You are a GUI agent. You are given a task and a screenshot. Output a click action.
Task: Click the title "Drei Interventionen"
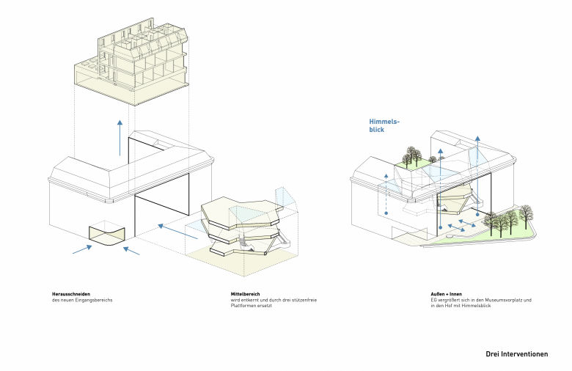point(516,354)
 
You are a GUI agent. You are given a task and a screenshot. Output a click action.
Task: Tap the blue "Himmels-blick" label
point(384,125)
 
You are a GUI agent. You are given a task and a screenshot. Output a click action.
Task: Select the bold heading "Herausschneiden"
point(71,294)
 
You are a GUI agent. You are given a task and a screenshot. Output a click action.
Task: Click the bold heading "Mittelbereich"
point(245,294)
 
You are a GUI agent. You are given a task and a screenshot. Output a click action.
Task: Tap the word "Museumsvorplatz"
point(504,300)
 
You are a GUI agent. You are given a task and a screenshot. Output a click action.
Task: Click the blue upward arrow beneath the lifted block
point(120,138)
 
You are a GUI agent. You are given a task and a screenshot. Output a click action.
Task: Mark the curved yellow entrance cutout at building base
point(107,235)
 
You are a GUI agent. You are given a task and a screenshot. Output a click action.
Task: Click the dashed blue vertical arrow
point(386,194)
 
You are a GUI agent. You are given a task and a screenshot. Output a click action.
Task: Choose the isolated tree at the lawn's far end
point(526,216)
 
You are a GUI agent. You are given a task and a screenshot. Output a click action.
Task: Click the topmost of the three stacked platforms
point(241,213)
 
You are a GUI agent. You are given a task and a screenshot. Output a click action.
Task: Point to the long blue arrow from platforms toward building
point(178,232)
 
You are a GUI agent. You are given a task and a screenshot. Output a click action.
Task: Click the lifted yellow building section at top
point(131,62)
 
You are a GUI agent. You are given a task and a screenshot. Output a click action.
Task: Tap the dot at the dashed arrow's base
point(386,213)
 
